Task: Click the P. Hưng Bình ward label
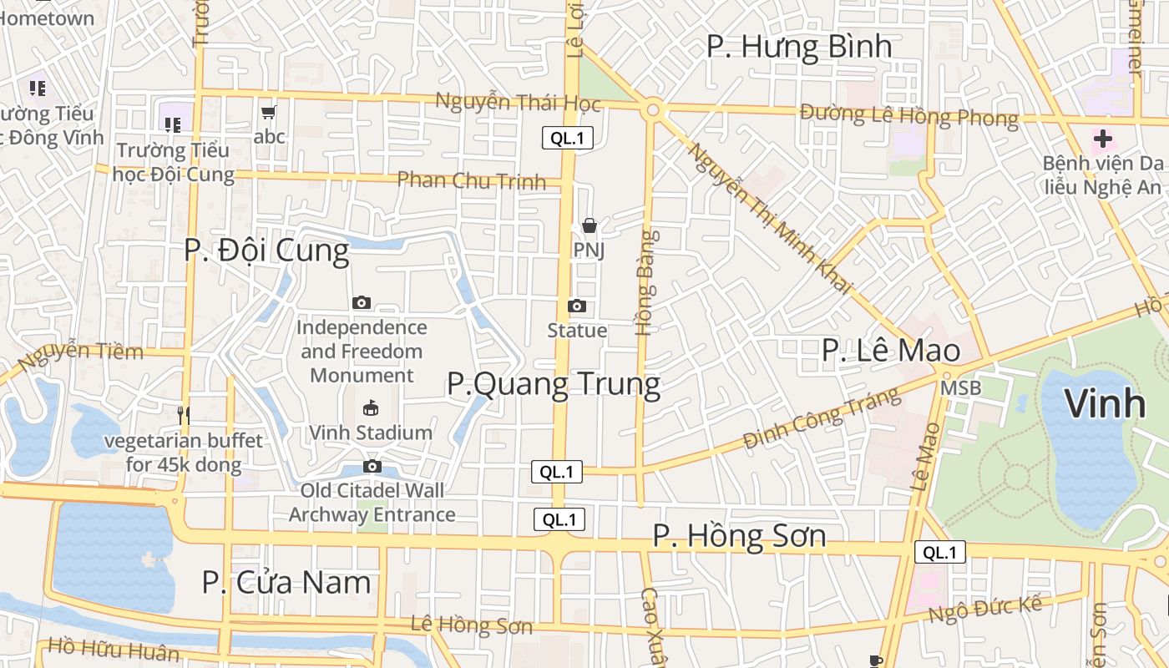799,47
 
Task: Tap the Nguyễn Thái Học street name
518,102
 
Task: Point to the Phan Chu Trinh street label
471,180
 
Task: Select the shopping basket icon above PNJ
590,225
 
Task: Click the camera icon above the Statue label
577,306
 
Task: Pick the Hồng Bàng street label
646,283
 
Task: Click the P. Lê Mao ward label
890,351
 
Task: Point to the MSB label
960,388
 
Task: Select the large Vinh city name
1105,404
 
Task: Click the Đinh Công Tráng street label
822,419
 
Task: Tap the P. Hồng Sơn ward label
739,535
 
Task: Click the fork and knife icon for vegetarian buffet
185,414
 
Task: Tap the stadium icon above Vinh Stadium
371,407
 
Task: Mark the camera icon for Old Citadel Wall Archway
372,466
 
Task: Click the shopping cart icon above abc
269,112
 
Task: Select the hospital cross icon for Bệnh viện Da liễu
1102,139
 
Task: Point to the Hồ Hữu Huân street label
114,649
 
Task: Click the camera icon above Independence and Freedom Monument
362,302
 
